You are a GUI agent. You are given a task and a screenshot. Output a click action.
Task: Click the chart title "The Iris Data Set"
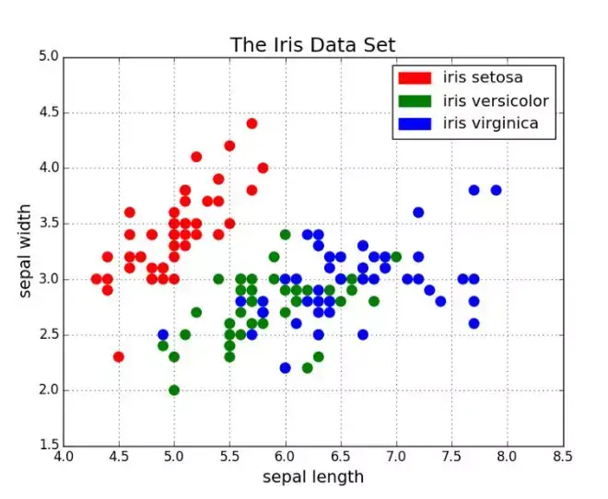coord(312,45)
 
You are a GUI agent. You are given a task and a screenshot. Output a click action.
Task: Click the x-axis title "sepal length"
coord(312,477)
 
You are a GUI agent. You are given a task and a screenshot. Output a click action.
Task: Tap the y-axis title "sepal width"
coord(26,250)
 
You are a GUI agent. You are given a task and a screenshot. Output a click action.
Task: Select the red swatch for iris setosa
coord(414,77)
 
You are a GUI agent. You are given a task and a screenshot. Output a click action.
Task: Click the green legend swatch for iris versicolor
coord(414,100)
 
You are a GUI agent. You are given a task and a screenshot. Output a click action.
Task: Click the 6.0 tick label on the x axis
coord(285,456)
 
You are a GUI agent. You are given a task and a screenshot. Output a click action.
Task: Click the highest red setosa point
coord(251,123)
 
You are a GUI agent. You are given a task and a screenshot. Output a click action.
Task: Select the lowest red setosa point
coord(118,356)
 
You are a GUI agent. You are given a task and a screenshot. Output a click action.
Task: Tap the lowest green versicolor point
coord(174,389)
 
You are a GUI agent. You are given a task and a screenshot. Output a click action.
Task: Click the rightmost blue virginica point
coord(496,190)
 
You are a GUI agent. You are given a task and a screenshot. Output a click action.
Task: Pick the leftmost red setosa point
coord(96,279)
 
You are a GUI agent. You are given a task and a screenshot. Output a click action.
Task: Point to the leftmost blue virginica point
coord(163,334)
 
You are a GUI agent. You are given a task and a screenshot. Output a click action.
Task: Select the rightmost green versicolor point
coord(396,257)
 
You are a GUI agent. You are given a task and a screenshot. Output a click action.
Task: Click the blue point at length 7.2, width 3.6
coord(418,212)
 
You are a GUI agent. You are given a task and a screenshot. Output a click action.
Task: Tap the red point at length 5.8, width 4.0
coord(263,168)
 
